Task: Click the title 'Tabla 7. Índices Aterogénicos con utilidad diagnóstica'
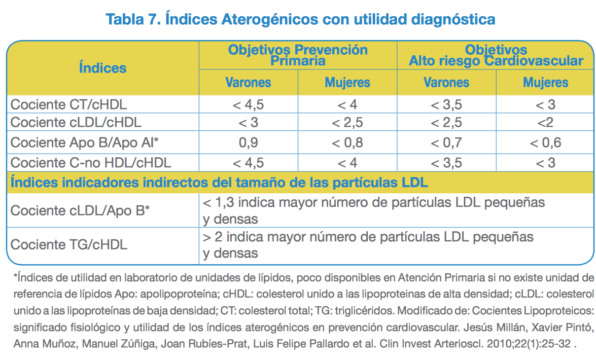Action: (x=300, y=20)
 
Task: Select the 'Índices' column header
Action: (x=103, y=68)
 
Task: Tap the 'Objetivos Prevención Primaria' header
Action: (x=298, y=55)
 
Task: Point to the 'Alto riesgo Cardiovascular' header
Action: (x=496, y=61)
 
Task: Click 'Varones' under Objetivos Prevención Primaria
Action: (x=248, y=82)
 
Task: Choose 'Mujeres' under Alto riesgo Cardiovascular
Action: (x=545, y=82)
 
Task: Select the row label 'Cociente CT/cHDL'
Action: (x=69, y=105)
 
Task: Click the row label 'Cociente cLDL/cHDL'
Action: (x=76, y=122)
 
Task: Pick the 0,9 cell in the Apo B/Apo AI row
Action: (x=248, y=143)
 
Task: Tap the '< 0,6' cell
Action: (x=545, y=143)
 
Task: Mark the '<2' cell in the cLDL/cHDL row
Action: (x=545, y=122)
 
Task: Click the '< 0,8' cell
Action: (x=347, y=143)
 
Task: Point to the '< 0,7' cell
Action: (x=446, y=143)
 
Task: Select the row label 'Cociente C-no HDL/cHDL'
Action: (x=91, y=162)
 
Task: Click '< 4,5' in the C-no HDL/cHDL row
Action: (x=248, y=162)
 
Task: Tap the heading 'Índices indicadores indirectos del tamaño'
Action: (x=219, y=182)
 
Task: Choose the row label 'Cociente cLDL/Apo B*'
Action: (x=80, y=211)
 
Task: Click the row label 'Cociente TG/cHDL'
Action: (x=69, y=244)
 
